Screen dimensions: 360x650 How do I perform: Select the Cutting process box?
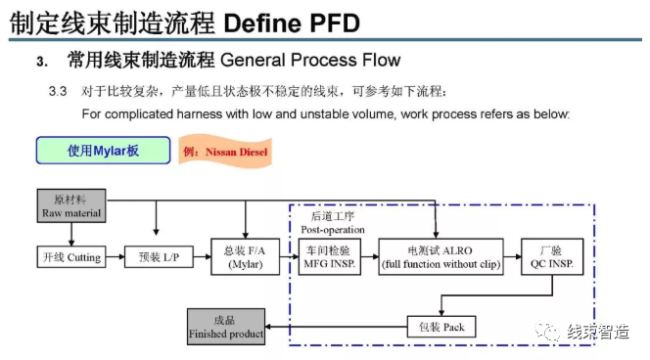[69, 258]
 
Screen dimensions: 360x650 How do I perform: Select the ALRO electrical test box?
[441, 258]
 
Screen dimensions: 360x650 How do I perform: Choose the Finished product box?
[226, 326]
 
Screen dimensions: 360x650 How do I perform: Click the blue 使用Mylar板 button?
[103, 151]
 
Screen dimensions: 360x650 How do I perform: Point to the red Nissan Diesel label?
[225, 153]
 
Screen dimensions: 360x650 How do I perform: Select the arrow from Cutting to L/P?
[114, 258]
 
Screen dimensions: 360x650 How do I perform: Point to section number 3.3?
[57, 92]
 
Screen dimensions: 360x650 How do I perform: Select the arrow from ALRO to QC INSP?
[513, 258]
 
